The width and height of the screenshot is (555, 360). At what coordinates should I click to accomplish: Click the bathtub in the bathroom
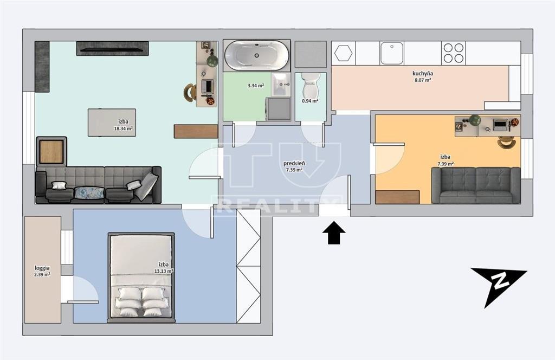coord(257,55)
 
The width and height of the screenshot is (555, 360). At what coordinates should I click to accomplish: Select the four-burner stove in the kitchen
coord(454,53)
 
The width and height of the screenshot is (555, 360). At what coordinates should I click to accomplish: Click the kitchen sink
coord(392,53)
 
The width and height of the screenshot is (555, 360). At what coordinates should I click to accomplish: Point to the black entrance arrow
coord(334,233)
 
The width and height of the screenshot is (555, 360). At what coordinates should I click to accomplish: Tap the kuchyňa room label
coord(423,74)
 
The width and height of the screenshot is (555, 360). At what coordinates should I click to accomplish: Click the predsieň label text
coord(294,164)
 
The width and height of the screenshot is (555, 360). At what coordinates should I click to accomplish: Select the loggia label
coord(42,268)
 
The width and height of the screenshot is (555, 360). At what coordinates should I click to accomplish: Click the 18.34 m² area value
coord(123,129)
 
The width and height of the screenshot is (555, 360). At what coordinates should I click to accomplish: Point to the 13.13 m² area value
coord(164,271)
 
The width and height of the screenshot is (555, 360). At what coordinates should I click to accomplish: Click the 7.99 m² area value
coord(446,164)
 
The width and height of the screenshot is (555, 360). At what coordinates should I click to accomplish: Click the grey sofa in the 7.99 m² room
coord(476,185)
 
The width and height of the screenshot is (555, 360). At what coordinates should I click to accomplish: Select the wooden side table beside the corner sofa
coord(51,151)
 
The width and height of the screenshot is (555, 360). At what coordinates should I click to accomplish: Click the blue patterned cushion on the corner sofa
coord(89,193)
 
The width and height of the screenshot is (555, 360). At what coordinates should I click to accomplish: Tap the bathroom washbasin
coord(281,85)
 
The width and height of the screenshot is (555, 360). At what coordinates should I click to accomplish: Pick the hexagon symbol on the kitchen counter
coord(343,53)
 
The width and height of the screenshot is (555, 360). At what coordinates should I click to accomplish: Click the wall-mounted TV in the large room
coord(112,48)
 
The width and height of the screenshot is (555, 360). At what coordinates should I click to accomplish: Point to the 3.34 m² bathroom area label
coord(256,85)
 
